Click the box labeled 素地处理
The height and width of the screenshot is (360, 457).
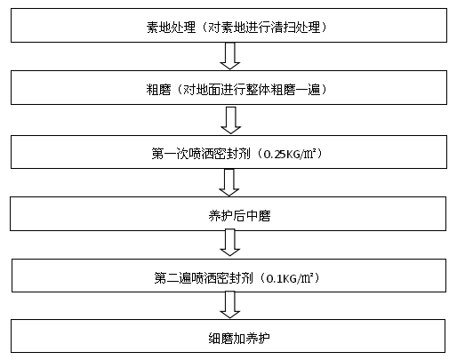(228, 28)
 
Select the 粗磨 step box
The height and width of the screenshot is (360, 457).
(228, 90)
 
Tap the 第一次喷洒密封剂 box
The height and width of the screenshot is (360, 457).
(228, 153)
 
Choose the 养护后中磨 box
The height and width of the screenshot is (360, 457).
(228, 214)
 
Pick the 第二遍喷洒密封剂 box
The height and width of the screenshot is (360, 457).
(228, 277)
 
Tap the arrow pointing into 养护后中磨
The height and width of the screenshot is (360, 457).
(229, 183)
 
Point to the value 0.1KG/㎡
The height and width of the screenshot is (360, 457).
(290, 277)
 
